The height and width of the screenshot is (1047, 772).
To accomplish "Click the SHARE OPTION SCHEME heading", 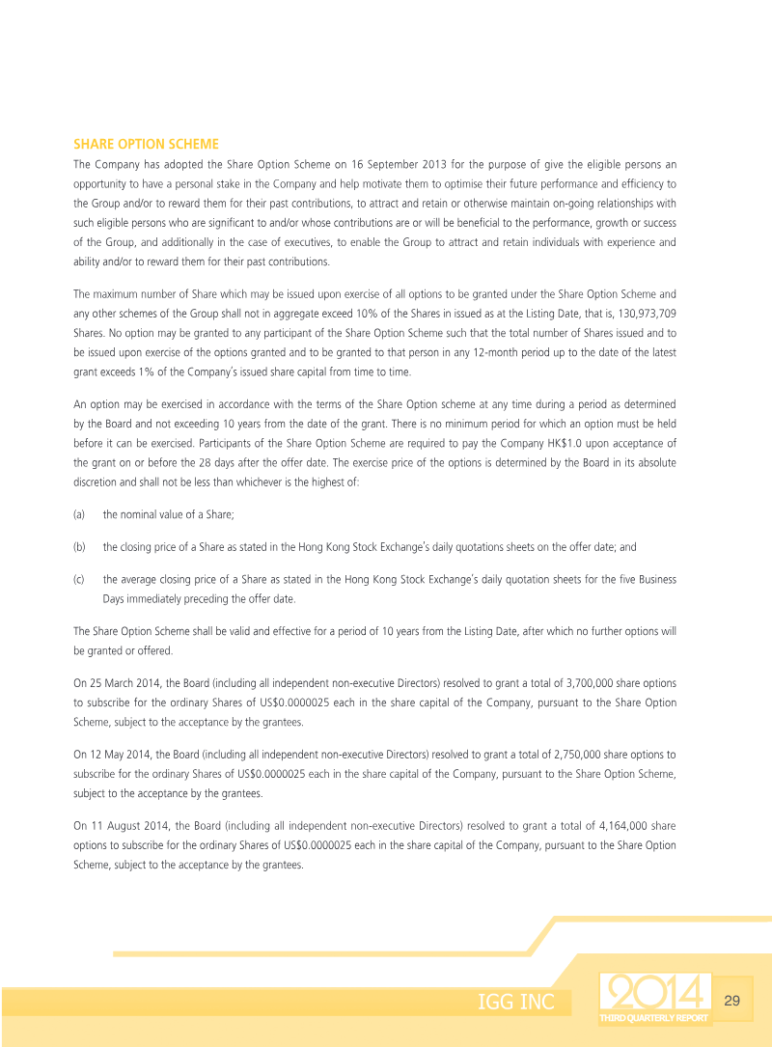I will [x=146, y=144].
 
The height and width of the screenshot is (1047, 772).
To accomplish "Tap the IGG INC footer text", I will [x=516, y=1002].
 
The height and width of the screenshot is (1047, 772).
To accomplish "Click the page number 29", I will [x=731, y=1001].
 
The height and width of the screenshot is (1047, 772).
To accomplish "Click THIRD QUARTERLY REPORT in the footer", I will [x=653, y=1018].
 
